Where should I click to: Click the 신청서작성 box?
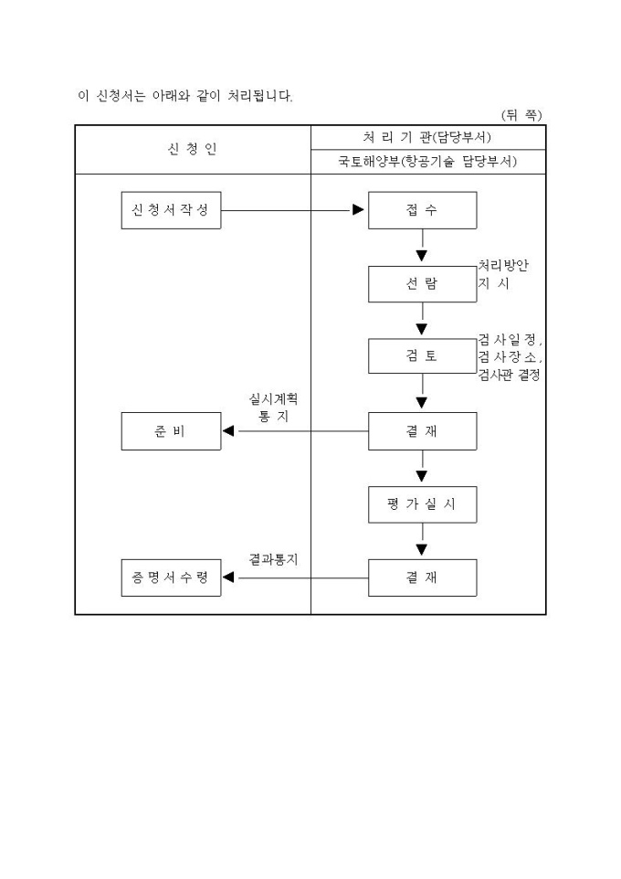point(171,210)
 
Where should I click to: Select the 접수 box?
point(422,210)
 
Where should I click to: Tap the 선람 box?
point(422,283)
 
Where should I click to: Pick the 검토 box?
point(422,356)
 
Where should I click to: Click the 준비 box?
point(171,431)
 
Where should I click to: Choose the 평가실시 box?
point(422,504)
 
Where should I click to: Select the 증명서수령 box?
point(171,577)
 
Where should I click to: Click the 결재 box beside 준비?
point(422,431)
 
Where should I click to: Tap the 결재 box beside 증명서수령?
point(422,577)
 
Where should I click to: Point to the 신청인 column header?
point(193,149)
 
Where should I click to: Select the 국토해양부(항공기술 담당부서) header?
point(428,162)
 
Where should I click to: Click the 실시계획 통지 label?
point(273,408)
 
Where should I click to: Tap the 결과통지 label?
point(273,558)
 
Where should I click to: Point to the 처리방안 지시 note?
point(503,274)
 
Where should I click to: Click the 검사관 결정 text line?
point(509,376)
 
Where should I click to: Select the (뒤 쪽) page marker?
point(521,115)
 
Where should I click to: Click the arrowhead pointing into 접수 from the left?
point(358,210)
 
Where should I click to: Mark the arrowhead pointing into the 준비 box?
point(230,431)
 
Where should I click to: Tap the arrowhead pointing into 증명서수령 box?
point(230,577)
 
